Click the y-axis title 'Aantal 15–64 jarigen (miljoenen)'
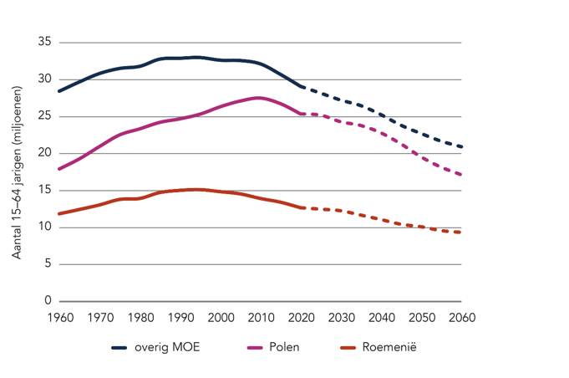17,171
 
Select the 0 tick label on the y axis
48,301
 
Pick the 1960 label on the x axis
60,318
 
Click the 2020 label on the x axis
301,318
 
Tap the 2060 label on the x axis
461,318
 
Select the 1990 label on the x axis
180,318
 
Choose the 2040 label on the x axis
381,318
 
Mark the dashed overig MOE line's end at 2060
460,147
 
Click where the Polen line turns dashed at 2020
301,113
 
